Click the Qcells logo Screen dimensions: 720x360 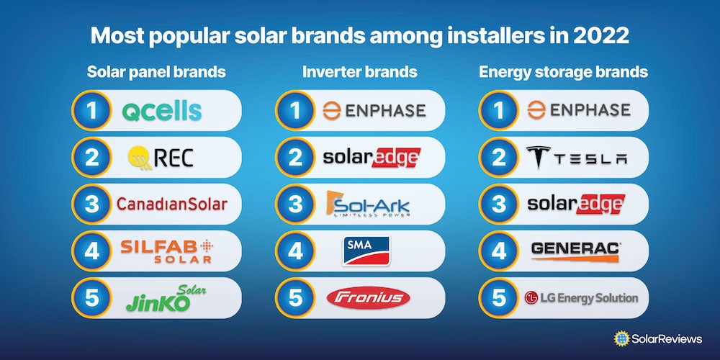[x=161, y=111]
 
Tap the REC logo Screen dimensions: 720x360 [x=161, y=158]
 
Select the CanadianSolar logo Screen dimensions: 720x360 [x=172, y=204]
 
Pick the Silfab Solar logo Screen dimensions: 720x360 [x=167, y=251]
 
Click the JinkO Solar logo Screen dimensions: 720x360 [x=166, y=299]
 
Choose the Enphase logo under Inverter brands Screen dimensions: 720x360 [x=374, y=111]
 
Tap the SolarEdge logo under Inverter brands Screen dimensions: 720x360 [x=372, y=158]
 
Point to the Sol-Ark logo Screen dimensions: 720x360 [x=368, y=204]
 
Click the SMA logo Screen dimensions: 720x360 [x=366, y=251]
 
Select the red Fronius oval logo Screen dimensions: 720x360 [x=368, y=298]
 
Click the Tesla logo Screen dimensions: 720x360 [x=576, y=158]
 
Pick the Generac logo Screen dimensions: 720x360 [x=576, y=251]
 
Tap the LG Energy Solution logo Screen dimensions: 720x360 [x=581, y=298]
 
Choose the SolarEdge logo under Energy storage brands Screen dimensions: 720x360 [x=576, y=204]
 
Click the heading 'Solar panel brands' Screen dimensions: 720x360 [x=156, y=72]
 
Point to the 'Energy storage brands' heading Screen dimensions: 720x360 [x=564, y=72]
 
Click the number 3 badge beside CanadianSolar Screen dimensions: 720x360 [x=92, y=204]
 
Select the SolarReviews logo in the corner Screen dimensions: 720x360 [x=657, y=339]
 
